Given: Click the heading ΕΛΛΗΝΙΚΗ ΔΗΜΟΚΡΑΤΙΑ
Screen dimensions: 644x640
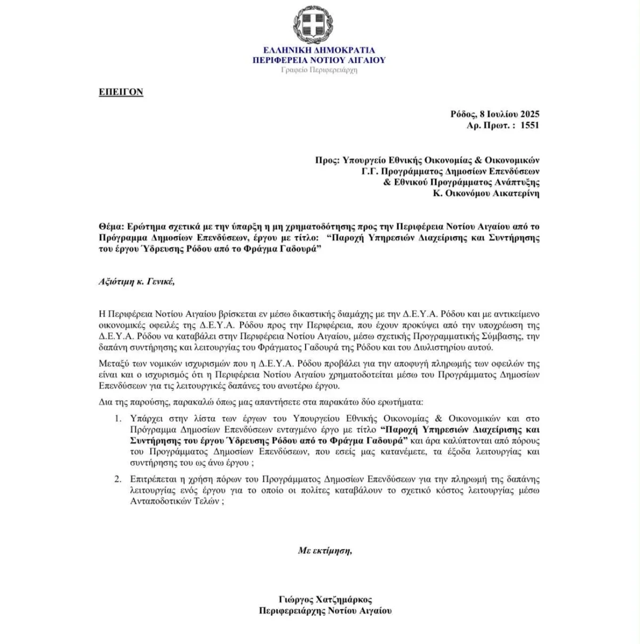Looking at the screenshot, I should [319, 50].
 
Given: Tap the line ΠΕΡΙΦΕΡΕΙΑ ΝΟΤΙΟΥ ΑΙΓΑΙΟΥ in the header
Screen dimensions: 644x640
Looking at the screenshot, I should [319, 60].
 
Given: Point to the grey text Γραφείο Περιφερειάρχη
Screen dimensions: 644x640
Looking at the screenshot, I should [319, 70].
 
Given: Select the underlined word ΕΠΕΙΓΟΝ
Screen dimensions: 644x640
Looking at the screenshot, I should [121, 92].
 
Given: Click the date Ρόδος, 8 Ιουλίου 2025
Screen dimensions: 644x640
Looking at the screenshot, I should [494, 114].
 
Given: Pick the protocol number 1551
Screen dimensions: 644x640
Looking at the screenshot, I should [530, 125].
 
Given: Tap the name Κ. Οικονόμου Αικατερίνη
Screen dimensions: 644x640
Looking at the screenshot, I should [486, 193].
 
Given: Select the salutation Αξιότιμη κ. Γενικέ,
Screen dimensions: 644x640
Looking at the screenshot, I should [137, 282].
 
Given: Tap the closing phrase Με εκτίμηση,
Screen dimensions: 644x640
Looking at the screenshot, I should [325, 551].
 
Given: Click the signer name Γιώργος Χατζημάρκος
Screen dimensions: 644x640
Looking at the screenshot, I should [325, 599].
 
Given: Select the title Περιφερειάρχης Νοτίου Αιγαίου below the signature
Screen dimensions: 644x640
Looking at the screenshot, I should [325, 610].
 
